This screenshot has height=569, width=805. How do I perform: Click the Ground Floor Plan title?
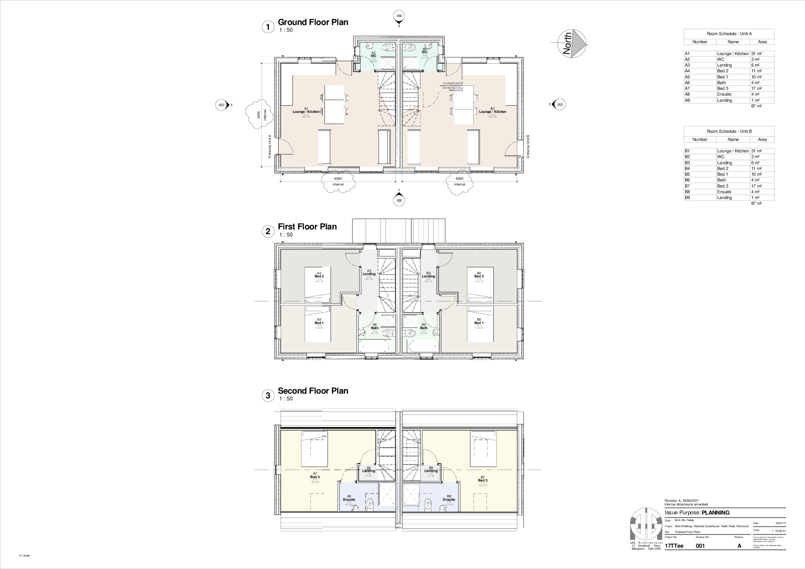click(x=313, y=22)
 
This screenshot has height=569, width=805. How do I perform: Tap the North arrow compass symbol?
click(x=572, y=44)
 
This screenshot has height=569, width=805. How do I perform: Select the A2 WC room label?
click(x=373, y=55)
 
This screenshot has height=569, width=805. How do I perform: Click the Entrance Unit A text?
click(x=270, y=146)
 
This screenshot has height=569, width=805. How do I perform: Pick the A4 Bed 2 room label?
click(x=319, y=275)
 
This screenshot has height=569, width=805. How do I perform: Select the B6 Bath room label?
click(x=423, y=326)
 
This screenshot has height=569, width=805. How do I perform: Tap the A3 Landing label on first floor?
click(x=369, y=273)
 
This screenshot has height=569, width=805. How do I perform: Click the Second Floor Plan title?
click(x=313, y=391)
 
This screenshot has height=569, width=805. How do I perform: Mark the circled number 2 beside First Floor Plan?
click(x=268, y=231)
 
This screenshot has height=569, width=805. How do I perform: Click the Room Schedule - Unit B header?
click(x=729, y=131)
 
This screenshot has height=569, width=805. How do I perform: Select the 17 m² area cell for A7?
click(x=756, y=88)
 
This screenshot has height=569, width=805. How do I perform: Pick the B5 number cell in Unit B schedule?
click(x=687, y=174)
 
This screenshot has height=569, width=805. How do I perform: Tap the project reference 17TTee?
click(x=674, y=546)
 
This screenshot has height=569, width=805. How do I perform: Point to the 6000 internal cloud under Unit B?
click(x=459, y=182)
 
